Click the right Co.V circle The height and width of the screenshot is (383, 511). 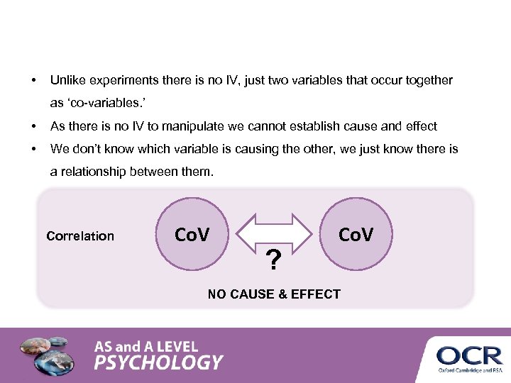coord(355,235)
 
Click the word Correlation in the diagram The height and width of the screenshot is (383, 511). coord(80,236)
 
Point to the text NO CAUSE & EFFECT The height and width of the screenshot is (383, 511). coord(274,294)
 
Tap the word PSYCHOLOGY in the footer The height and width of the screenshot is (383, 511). coord(159,363)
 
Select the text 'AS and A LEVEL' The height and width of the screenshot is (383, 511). coord(147,347)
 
